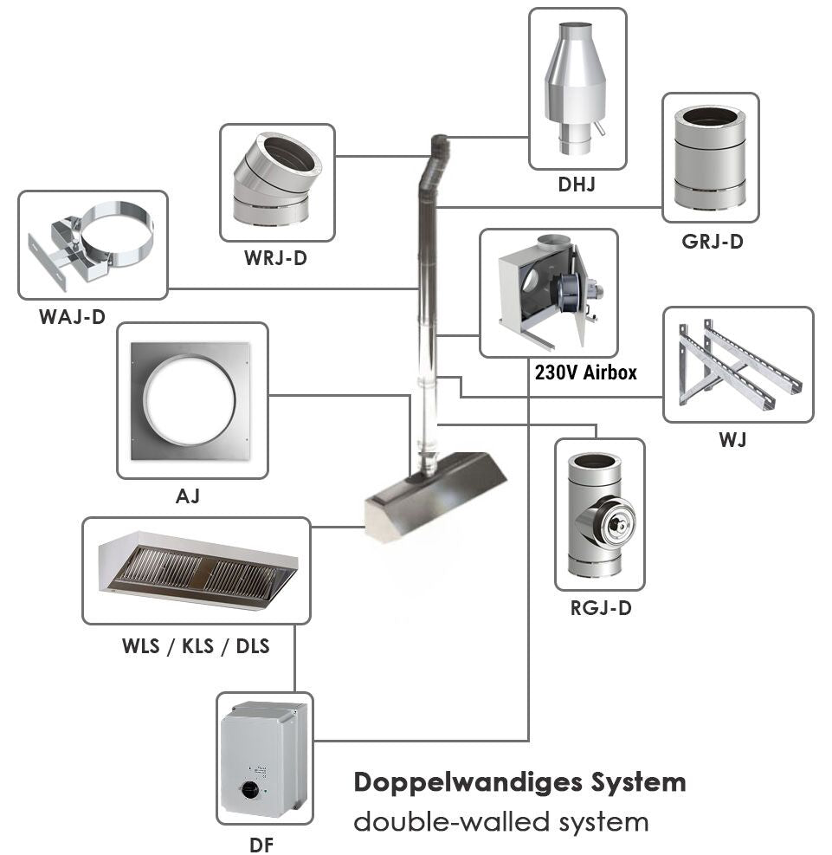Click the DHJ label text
pyautogui.click(x=577, y=184)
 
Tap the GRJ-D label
pyautogui.click(x=712, y=242)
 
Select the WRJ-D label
pyautogui.click(x=276, y=258)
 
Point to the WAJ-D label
pyautogui.click(x=72, y=317)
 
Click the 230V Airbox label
pyautogui.click(x=586, y=373)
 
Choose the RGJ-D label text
pyautogui.click(x=600, y=608)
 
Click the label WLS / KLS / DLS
pyautogui.click(x=196, y=645)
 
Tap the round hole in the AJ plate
pyautogui.click(x=189, y=399)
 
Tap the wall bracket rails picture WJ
pyautogui.click(x=738, y=365)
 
